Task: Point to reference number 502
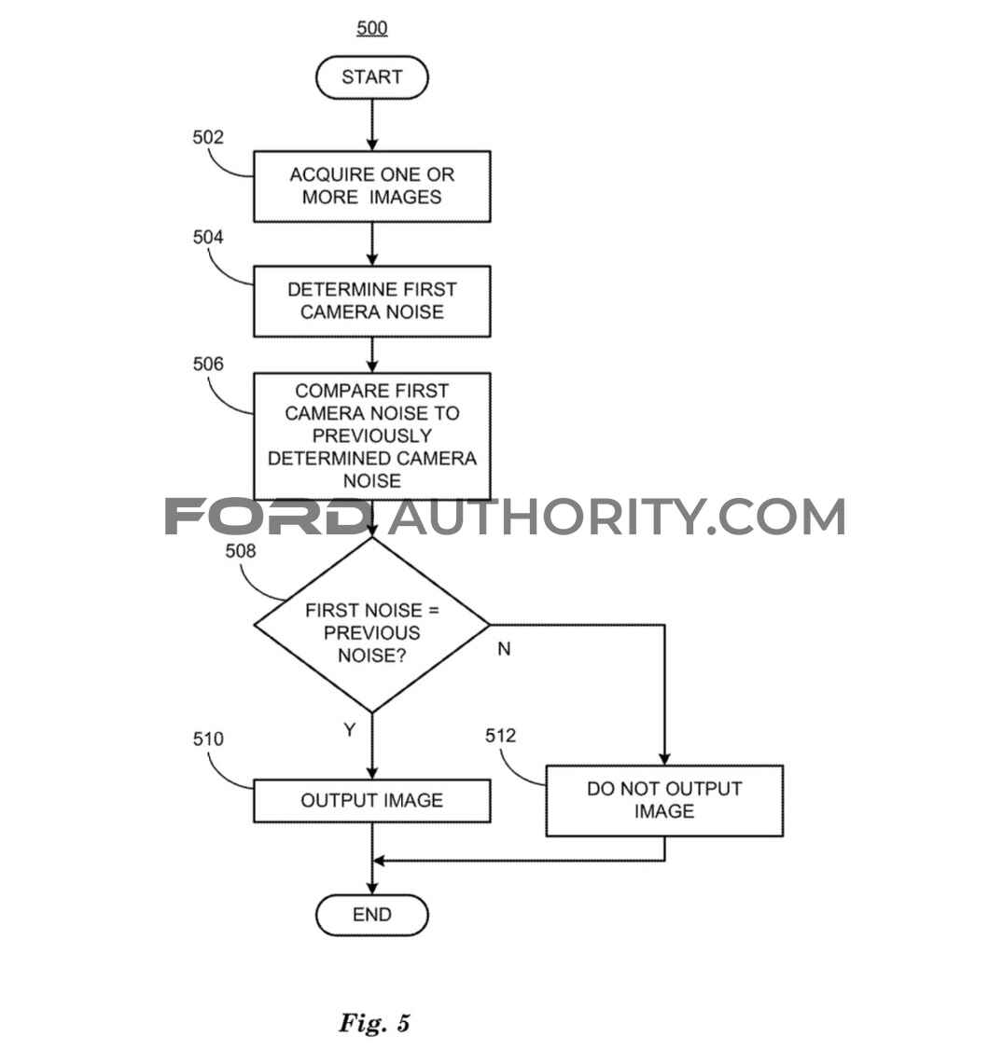(208, 137)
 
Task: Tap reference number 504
(208, 237)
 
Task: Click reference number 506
(208, 364)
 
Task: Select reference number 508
(241, 550)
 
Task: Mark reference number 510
(208, 739)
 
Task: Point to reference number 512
(500, 735)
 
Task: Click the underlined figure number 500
(372, 28)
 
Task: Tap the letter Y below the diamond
(350, 729)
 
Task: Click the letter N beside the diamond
(504, 648)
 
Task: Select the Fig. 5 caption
(374, 1023)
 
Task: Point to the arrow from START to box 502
(372, 125)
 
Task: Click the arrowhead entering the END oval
(372, 888)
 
